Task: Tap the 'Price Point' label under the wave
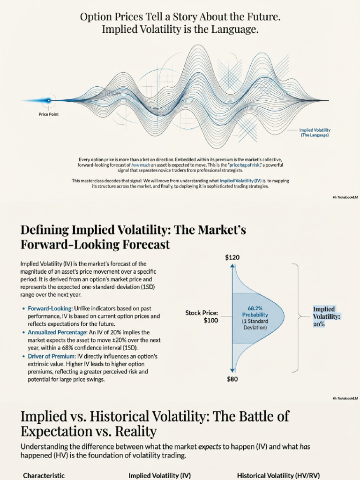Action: point(49,114)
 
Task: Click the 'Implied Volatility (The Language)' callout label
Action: point(315,132)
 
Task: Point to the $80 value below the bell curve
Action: point(232,379)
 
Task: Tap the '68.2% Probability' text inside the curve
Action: point(255,311)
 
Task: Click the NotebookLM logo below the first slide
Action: point(345,197)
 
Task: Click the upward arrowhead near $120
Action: point(232,266)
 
